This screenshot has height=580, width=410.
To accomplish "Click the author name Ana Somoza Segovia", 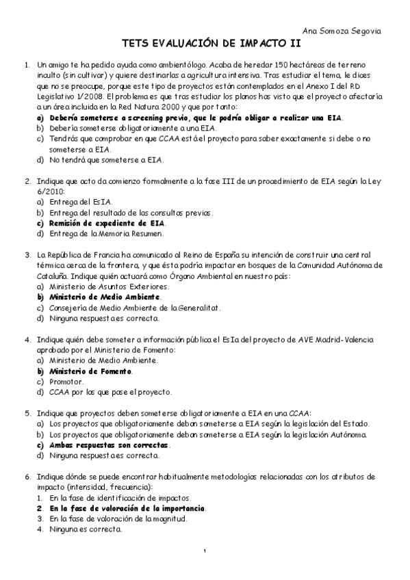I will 351,32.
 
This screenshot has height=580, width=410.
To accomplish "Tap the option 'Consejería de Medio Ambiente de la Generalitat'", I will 135,307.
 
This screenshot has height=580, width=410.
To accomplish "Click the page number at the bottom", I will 205,551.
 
